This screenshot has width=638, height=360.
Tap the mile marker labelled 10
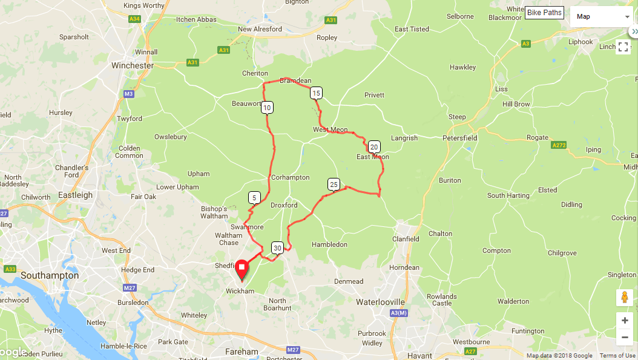click(x=268, y=108)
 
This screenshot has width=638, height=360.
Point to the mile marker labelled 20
click(x=374, y=146)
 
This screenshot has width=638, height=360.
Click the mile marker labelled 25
click(x=334, y=184)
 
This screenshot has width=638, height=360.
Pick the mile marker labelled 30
click(x=277, y=247)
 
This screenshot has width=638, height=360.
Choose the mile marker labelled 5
click(x=254, y=197)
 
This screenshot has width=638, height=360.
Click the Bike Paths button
click(x=544, y=13)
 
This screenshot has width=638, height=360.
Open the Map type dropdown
click(x=602, y=16)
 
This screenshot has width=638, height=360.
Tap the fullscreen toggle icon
click(x=623, y=47)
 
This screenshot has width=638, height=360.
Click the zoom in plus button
click(x=625, y=320)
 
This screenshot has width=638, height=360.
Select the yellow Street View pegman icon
click(x=625, y=298)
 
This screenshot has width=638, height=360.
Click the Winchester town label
click(x=133, y=65)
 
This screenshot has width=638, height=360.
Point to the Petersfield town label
click(x=460, y=138)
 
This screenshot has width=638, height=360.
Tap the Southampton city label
click(x=50, y=275)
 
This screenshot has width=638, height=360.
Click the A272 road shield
click(x=559, y=145)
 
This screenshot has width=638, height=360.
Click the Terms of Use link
click(x=617, y=356)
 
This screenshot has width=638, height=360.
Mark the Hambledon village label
click(x=329, y=244)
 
